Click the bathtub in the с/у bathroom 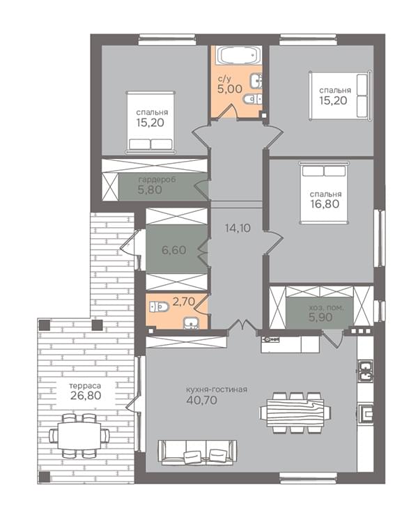point(239,55)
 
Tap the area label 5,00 point(229,88)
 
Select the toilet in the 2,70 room point(159,307)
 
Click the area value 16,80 point(325,203)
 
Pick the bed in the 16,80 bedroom point(324,193)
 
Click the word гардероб point(157,180)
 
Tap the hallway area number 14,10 point(238,228)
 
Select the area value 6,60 point(173,250)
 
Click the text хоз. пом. point(326,308)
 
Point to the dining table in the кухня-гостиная point(295,412)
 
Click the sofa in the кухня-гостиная point(197,452)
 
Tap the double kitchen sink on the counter point(365,371)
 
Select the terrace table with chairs point(79,435)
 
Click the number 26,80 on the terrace point(86,395)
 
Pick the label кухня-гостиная point(217,389)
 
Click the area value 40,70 point(201,400)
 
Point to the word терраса point(85,385)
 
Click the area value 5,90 point(320,317)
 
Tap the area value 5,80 point(150,190)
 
